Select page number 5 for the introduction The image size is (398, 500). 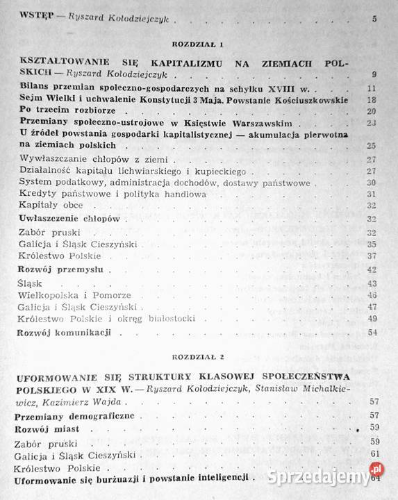tap(374, 18)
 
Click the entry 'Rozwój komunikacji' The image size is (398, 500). tap(63, 333)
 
